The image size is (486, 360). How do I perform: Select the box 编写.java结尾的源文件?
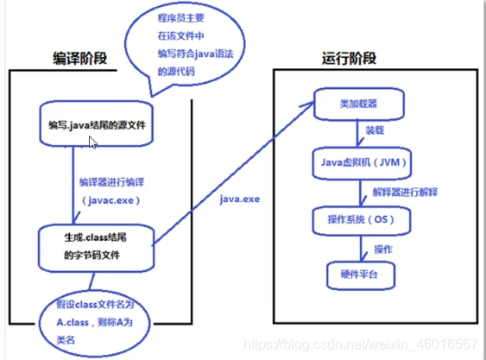pyautogui.click(x=97, y=125)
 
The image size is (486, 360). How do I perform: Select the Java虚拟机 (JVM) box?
pyautogui.click(x=358, y=161)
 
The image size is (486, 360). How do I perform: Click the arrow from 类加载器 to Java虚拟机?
pyautogui.click(x=358, y=134)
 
